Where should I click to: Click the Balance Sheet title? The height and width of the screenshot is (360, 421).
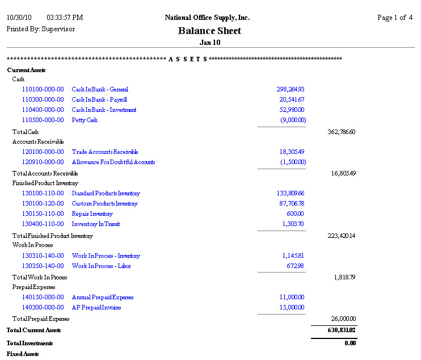click(x=209, y=31)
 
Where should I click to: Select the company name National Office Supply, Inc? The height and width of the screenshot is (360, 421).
click(x=207, y=18)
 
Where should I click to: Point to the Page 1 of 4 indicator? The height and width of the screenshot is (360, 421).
click(x=395, y=18)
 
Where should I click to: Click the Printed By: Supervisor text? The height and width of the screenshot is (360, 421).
click(x=40, y=28)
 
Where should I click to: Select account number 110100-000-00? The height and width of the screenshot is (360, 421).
click(x=43, y=89)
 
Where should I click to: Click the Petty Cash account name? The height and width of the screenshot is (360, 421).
click(x=85, y=120)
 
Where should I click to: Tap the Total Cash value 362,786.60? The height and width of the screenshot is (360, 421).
click(x=342, y=132)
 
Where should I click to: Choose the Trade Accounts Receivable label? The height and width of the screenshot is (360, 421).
click(x=105, y=152)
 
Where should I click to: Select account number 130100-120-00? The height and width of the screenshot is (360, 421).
click(x=43, y=203)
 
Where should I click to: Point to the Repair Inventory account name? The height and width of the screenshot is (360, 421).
click(x=92, y=214)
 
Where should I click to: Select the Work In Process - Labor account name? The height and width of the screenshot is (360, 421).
click(x=102, y=266)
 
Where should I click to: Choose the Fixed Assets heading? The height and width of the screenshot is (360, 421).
click(x=23, y=354)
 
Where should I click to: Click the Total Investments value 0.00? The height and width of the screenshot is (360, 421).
click(x=350, y=343)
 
